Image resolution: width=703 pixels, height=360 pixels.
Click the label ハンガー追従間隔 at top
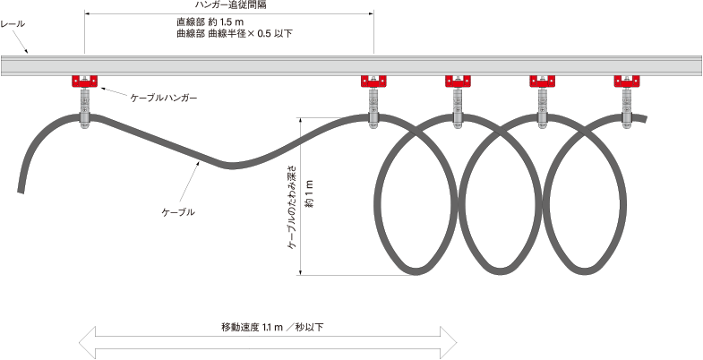click(x=229, y=5)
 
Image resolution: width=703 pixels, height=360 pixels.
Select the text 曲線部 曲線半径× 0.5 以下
click(x=235, y=34)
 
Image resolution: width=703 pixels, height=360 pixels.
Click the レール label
click(x=13, y=24)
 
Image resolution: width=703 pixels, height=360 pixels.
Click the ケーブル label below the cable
click(x=177, y=212)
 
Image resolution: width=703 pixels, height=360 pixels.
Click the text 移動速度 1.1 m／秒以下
click(x=271, y=328)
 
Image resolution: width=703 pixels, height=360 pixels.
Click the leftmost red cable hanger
click(x=85, y=82)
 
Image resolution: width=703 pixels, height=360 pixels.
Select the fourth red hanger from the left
click(x=543, y=82)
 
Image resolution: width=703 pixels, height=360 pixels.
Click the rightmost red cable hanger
click(x=627, y=82)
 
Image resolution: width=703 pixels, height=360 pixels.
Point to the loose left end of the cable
click(x=20, y=188)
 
